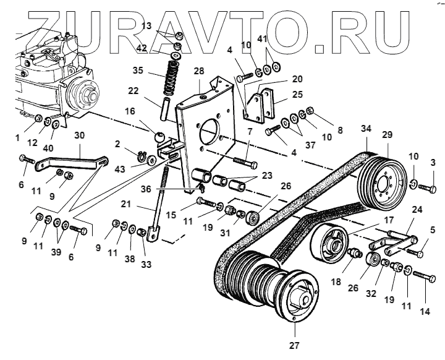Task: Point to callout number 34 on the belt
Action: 366,129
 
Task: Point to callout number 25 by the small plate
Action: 298,95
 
